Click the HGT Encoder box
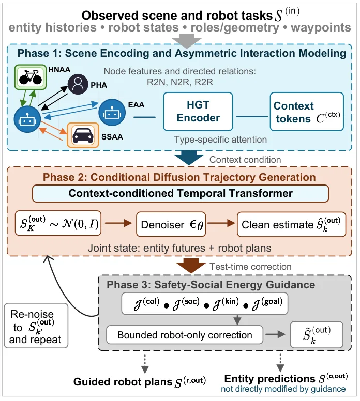point(198,112)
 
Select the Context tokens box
point(307,112)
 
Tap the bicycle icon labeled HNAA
point(30,77)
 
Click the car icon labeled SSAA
point(83,135)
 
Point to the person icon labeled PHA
point(78,84)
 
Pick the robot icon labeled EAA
point(112,112)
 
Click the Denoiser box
point(171,224)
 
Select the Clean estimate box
point(291,224)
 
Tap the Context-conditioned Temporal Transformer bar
point(181,193)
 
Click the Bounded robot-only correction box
point(185,335)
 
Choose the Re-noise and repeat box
point(36,326)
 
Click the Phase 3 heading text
point(211,285)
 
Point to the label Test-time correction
point(250,267)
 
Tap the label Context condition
point(245,160)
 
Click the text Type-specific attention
point(220,140)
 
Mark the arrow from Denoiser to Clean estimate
point(221,223)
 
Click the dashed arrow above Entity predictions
point(280,363)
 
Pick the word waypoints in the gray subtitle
point(321,27)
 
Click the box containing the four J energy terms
point(205,303)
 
